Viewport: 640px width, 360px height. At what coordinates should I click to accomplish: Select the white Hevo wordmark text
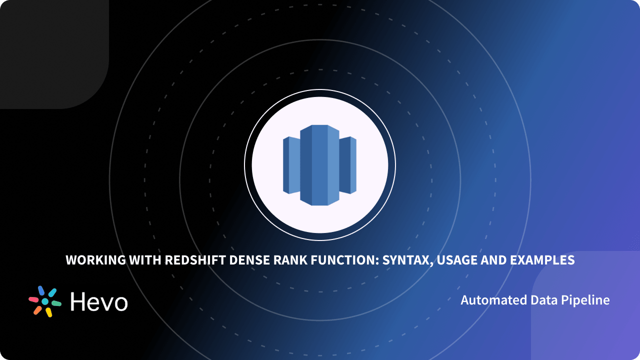point(99,301)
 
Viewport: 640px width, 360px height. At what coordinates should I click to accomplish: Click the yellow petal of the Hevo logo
point(49,312)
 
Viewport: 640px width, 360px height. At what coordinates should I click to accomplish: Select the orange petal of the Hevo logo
point(37,310)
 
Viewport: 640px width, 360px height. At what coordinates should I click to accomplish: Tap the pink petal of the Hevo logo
point(33,299)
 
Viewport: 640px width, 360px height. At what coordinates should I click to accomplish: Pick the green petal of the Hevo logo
point(56,303)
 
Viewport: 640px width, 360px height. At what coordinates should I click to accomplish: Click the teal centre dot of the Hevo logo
point(45,301)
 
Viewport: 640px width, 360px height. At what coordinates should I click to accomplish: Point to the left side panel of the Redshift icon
point(291,165)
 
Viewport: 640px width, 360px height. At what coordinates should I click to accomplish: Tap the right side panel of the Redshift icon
point(348,165)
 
